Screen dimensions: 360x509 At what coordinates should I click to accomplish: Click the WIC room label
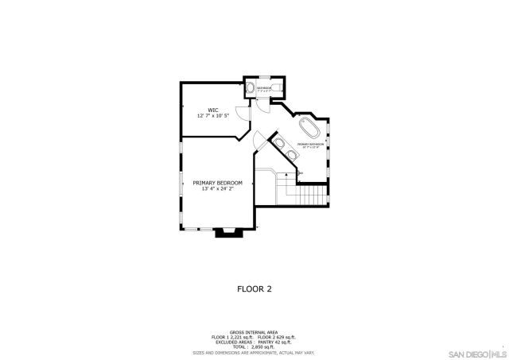pyautogui.click(x=213, y=110)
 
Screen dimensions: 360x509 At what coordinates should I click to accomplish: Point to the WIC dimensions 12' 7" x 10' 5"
pyautogui.click(x=213, y=116)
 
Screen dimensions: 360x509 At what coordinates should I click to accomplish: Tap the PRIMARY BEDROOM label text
pyautogui.click(x=217, y=183)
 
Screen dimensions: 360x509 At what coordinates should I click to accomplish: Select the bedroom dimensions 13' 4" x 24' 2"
pyautogui.click(x=217, y=189)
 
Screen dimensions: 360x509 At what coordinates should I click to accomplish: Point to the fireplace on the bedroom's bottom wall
pyautogui.click(x=226, y=232)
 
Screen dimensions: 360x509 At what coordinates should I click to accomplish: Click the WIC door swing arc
pyautogui.click(x=247, y=114)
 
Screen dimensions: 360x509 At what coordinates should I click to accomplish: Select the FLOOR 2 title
pyautogui.click(x=254, y=289)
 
